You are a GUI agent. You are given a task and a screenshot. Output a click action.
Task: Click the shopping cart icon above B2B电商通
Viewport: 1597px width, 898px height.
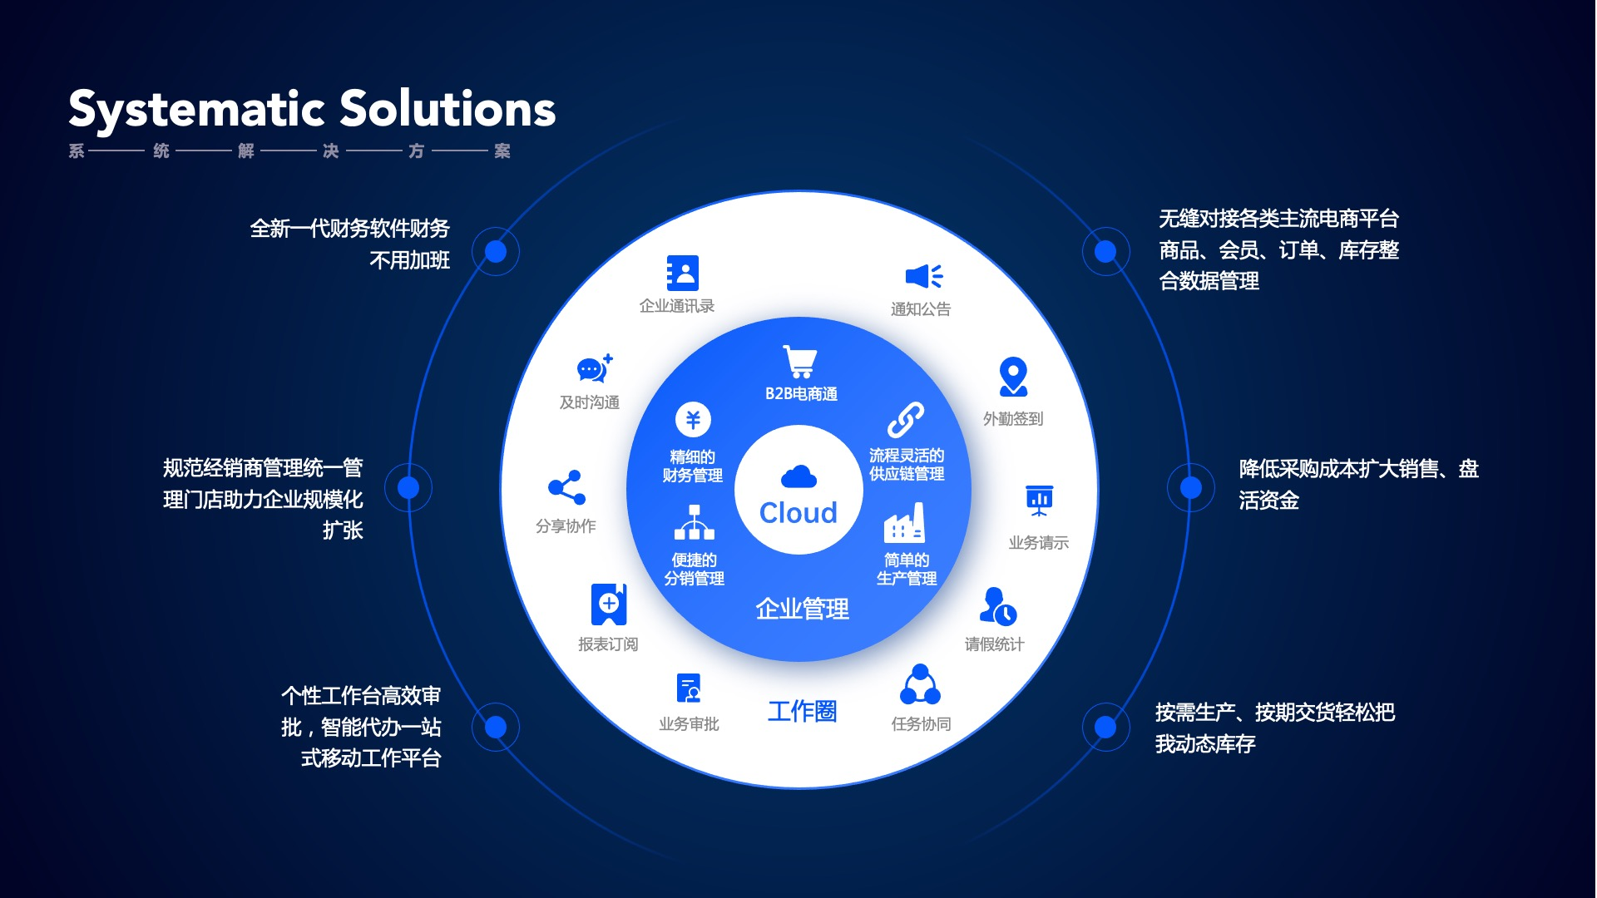800,363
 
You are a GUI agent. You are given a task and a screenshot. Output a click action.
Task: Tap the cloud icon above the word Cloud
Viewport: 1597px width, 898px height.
798,477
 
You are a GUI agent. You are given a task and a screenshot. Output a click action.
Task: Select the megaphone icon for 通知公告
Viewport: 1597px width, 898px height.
923,276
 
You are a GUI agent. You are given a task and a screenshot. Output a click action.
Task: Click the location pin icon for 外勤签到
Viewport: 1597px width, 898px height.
1013,377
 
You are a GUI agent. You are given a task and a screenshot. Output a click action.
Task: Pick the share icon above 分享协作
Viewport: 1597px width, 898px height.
566,488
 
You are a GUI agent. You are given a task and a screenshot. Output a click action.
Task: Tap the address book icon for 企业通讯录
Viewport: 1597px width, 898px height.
683,273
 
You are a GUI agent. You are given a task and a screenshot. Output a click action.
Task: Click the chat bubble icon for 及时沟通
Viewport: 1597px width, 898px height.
594,368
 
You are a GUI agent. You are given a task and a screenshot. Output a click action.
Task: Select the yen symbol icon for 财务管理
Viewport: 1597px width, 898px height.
693,419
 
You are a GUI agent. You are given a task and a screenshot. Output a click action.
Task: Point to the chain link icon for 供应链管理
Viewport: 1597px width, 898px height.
905,420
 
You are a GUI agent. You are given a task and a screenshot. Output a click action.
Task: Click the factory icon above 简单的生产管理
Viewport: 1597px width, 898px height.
905,523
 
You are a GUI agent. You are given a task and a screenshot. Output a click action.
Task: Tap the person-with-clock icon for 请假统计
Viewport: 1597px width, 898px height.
997,606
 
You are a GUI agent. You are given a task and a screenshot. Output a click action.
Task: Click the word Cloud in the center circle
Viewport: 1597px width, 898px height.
798,513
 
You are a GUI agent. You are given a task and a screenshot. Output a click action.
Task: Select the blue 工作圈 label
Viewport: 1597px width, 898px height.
802,712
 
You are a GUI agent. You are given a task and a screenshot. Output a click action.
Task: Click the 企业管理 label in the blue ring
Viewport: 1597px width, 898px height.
802,609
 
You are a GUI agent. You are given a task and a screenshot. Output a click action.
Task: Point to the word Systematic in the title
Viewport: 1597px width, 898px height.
196,110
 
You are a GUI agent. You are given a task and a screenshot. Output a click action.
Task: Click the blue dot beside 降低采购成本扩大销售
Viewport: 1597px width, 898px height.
1191,487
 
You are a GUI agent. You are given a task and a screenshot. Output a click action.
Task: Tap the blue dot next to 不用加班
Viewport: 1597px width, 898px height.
496,251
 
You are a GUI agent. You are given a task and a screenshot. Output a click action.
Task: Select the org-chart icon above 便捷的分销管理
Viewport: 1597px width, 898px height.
694,522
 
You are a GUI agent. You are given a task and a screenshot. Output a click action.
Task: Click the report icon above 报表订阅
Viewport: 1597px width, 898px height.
609,604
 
